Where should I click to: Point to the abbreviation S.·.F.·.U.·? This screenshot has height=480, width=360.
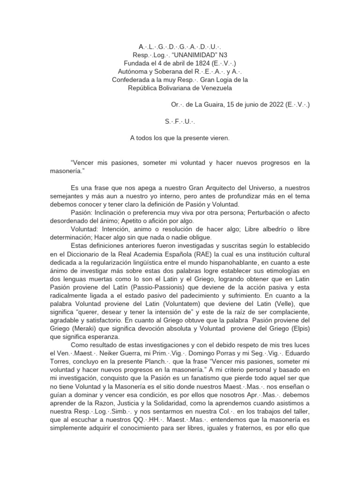[x=180, y=121]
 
